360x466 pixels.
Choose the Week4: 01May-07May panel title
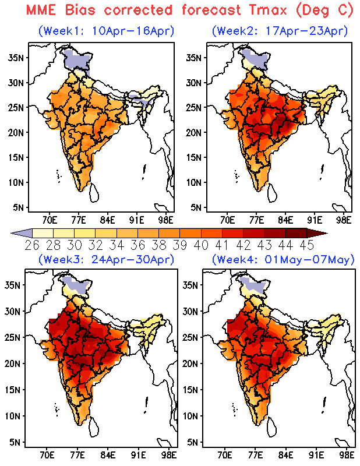point(283,259)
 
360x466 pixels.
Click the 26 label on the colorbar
point(33,244)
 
